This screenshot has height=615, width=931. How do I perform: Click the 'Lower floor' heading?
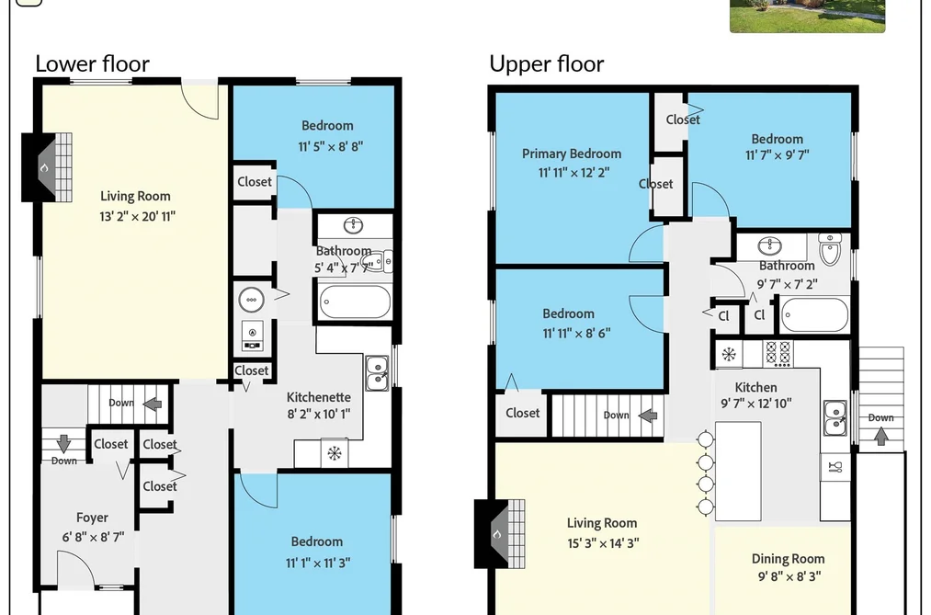92,63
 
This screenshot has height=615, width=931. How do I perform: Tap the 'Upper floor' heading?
546,63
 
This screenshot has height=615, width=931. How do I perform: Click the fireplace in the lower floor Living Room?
47,167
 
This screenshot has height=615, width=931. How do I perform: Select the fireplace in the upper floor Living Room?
499,534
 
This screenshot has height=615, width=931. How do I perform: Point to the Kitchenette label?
319,397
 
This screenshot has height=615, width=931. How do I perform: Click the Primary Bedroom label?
572,154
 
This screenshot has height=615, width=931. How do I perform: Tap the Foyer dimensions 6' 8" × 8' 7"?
93,537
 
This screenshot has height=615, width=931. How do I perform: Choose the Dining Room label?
788,559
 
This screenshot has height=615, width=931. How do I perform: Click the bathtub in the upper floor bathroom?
814,314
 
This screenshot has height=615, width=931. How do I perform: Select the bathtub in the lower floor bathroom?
355,302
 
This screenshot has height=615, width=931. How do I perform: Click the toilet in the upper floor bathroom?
830,249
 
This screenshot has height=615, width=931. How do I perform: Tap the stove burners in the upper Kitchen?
778,354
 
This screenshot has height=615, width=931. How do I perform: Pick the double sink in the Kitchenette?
377,373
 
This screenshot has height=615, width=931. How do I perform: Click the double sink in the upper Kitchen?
835,418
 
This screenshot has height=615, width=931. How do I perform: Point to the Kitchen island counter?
738,472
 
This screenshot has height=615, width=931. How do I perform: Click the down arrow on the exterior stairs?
881,437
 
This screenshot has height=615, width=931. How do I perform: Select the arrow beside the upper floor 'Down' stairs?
648,416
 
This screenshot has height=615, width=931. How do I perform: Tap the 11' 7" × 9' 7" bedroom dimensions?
778,155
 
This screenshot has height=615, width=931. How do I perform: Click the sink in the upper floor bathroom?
770,245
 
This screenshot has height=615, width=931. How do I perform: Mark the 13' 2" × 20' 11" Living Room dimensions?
137,217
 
